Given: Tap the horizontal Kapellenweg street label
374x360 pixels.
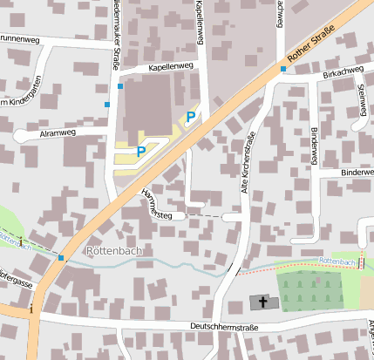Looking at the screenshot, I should pyautogui.click(x=170, y=66).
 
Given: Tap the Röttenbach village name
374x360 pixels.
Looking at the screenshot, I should pyautogui.click(x=114, y=251).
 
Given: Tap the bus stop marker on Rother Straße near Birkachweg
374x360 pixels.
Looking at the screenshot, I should pyautogui.click(x=283, y=68).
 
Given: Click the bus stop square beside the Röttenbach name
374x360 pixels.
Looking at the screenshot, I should pyautogui.click(x=61, y=257).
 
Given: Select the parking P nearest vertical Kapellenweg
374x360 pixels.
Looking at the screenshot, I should pyautogui.click(x=190, y=117).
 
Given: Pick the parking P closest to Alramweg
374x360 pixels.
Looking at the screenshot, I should pyautogui.click(x=140, y=151).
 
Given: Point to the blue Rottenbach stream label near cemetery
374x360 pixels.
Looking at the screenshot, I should pyautogui.click(x=337, y=261).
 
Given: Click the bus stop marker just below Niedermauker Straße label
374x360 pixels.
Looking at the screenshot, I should pyautogui.click(x=120, y=86).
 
